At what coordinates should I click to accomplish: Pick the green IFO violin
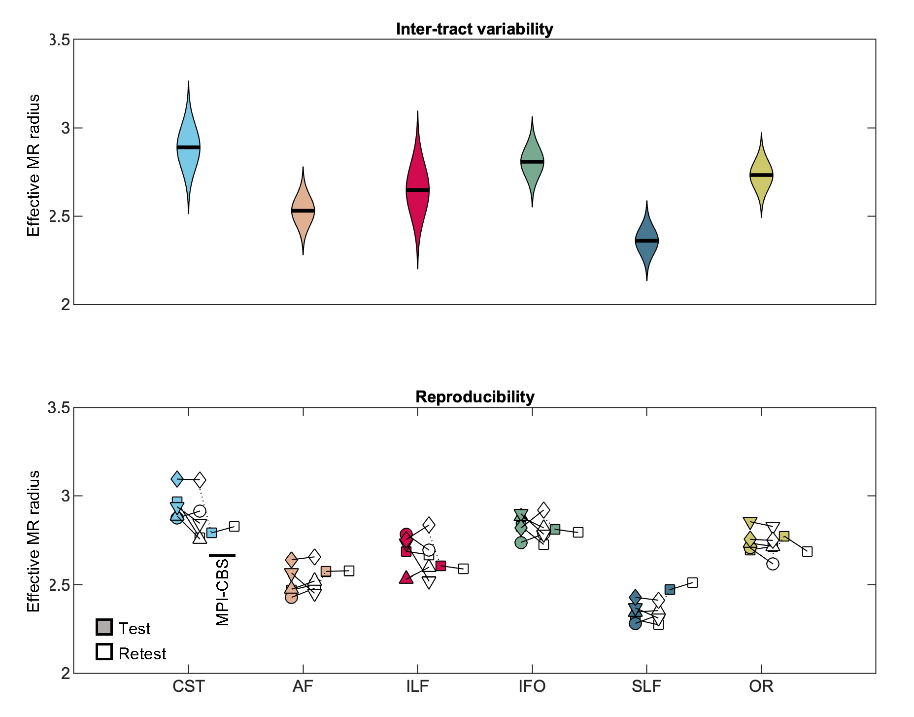click(532, 163)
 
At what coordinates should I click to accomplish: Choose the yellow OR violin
click(761, 176)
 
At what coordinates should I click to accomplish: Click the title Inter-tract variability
click(474, 29)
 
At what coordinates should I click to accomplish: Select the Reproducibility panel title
click(474, 397)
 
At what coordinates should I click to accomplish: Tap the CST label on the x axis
click(188, 686)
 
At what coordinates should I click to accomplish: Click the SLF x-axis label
click(646, 686)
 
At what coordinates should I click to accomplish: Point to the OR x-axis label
click(761, 686)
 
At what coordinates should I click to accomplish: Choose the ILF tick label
click(417, 686)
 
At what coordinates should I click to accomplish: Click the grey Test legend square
click(104, 627)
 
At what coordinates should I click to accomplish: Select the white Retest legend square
click(104, 652)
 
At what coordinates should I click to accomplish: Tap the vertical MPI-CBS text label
click(223, 592)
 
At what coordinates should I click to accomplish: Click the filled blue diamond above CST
click(177, 478)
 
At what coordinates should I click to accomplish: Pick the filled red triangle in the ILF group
click(406, 577)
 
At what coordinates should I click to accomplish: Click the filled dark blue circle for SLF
click(635, 623)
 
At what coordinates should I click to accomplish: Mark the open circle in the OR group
click(773, 564)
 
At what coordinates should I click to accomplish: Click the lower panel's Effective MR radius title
click(34, 541)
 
